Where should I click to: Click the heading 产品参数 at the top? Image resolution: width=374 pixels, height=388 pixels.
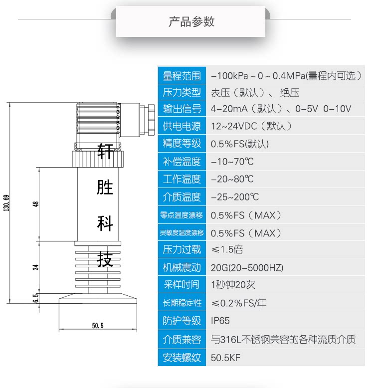[x=191, y=22]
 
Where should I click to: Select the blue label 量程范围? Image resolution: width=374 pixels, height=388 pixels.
[x=182, y=76]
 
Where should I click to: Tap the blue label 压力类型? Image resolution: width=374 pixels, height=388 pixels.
[x=182, y=92]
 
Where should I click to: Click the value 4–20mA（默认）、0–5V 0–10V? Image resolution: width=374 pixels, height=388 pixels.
[x=281, y=109]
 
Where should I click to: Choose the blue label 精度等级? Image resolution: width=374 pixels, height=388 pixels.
[x=182, y=144]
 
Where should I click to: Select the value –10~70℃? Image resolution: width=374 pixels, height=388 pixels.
[x=232, y=162]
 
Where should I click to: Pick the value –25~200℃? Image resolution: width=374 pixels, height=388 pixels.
[x=234, y=197]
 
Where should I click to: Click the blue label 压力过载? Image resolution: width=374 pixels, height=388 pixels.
[x=182, y=249]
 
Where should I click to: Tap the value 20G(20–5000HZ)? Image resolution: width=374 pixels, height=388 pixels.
[x=247, y=268]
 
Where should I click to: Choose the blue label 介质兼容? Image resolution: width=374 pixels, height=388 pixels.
[x=182, y=340]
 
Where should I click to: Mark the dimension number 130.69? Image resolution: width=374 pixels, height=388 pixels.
[x=6, y=203]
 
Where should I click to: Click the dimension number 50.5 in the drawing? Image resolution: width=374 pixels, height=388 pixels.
[x=98, y=326]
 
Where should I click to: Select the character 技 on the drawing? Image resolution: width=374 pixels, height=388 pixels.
[x=105, y=259]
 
